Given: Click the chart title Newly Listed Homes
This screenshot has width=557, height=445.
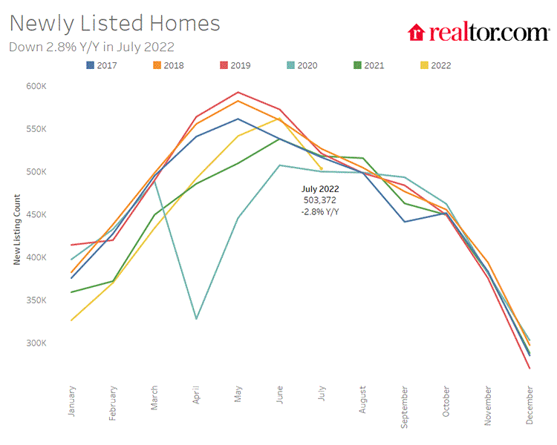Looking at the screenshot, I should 115,23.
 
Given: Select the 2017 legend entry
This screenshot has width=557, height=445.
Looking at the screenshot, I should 102,65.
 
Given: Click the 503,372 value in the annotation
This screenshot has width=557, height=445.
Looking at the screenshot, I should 320,200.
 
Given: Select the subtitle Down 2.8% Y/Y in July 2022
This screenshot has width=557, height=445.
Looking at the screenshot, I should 91,47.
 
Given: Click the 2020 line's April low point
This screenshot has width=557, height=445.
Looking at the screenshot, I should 197,319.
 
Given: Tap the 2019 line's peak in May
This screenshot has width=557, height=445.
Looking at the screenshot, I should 238,93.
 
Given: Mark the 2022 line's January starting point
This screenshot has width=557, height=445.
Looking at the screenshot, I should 72,320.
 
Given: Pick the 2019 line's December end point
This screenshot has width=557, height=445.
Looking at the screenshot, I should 530,368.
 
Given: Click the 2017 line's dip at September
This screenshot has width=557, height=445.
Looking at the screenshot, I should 405,222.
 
